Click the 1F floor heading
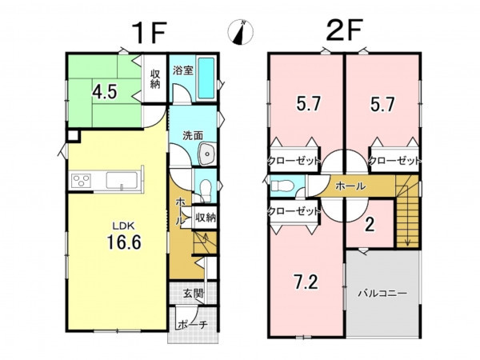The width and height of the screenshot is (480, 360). point(149,33)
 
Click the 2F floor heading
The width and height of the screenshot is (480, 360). point(344,30)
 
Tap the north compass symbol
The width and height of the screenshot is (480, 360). point(241,32)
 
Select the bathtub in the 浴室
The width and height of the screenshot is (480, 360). point(206,78)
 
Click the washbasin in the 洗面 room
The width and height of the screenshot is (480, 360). point(207,154)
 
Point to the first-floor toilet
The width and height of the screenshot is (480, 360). point(206,189)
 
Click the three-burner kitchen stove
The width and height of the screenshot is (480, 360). point(81,180)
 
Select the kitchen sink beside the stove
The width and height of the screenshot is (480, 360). point(122,180)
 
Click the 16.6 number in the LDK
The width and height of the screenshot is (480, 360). point(124,242)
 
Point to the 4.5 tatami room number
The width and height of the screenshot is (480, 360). point(105,92)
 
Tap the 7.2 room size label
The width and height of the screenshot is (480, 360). point(306,282)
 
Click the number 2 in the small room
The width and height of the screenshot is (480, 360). point(370,225)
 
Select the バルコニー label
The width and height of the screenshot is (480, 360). point(382,294)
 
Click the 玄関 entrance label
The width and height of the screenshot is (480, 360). point(194,294)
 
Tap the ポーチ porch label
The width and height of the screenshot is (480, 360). point(193,325)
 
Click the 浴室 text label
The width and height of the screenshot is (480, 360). point(183,70)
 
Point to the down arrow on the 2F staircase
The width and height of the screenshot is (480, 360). point(407,234)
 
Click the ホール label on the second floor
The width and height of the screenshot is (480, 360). point(350,186)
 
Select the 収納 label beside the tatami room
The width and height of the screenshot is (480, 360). point(155,79)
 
